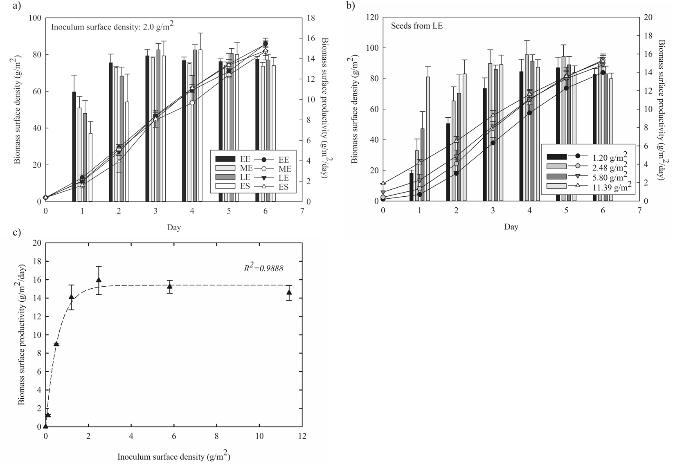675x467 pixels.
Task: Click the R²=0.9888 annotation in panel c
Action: click(x=263, y=269)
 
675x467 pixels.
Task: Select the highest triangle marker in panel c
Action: click(x=99, y=280)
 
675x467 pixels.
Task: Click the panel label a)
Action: click(x=16, y=6)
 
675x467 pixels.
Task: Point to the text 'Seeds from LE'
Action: click(x=417, y=26)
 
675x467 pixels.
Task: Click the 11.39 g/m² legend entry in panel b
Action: click(x=608, y=186)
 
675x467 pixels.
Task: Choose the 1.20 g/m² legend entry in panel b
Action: click(x=607, y=156)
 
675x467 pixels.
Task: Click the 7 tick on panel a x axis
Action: click(x=302, y=211)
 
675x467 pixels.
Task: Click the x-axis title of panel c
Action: click(x=176, y=456)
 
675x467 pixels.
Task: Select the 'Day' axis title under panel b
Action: click(x=511, y=227)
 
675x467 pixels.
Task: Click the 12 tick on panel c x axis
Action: click(x=302, y=436)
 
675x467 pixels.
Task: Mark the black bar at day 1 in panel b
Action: click(x=412, y=187)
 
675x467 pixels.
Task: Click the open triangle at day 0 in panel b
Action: click(x=383, y=183)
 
